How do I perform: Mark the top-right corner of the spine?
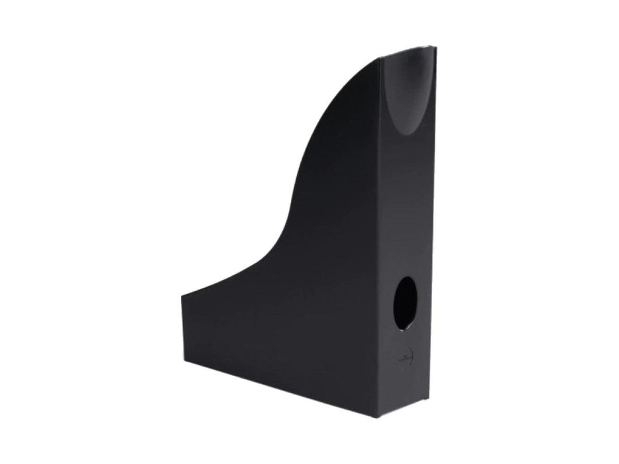coord(436,48)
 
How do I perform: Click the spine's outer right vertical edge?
coord(436,232)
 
